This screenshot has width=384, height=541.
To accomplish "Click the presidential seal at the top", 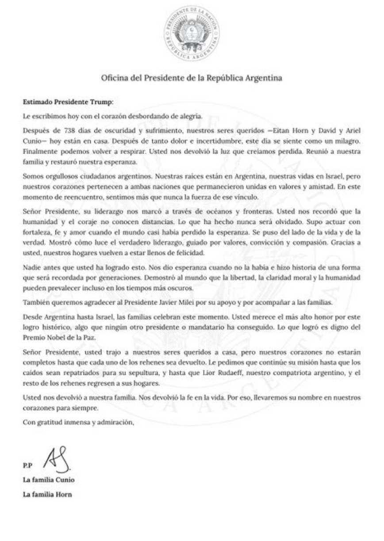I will (x=192, y=34).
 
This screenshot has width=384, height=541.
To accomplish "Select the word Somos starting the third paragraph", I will (x=33, y=176).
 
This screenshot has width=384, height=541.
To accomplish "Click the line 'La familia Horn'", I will (x=47, y=495).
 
